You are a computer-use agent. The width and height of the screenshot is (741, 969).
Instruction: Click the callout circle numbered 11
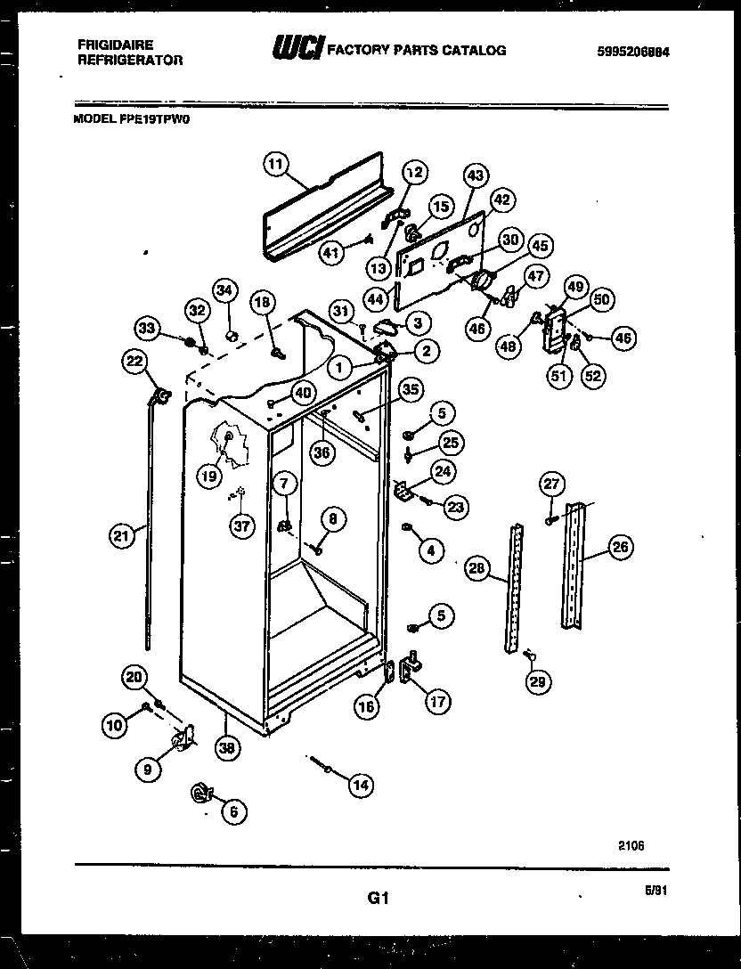tap(277, 163)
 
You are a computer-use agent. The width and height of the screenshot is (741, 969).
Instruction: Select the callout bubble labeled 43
tap(475, 176)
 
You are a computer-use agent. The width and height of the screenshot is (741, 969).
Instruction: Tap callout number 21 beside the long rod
tap(120, 535)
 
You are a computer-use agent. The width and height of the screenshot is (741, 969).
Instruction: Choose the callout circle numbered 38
tap(227, 749)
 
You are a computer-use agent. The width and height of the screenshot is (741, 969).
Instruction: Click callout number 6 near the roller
tap(234, 810)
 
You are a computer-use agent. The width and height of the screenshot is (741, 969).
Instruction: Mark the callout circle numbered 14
tap(360, 785)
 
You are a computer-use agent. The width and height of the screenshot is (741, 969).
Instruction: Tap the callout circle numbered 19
tap(208, 476)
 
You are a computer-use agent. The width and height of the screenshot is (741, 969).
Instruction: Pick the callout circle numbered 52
tap(593, 376)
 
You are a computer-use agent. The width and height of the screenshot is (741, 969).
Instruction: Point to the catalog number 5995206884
tap(633, 52)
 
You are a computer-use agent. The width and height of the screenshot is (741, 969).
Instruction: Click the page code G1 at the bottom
tap(379, 899)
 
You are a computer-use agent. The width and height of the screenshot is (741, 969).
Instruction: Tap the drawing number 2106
tap(631, 846)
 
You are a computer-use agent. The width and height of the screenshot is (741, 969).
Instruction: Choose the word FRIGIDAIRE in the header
tap(103, 45)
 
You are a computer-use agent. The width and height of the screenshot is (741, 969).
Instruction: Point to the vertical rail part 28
tap(515, 588)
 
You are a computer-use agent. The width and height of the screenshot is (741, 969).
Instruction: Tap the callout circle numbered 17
tap(436, 701)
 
